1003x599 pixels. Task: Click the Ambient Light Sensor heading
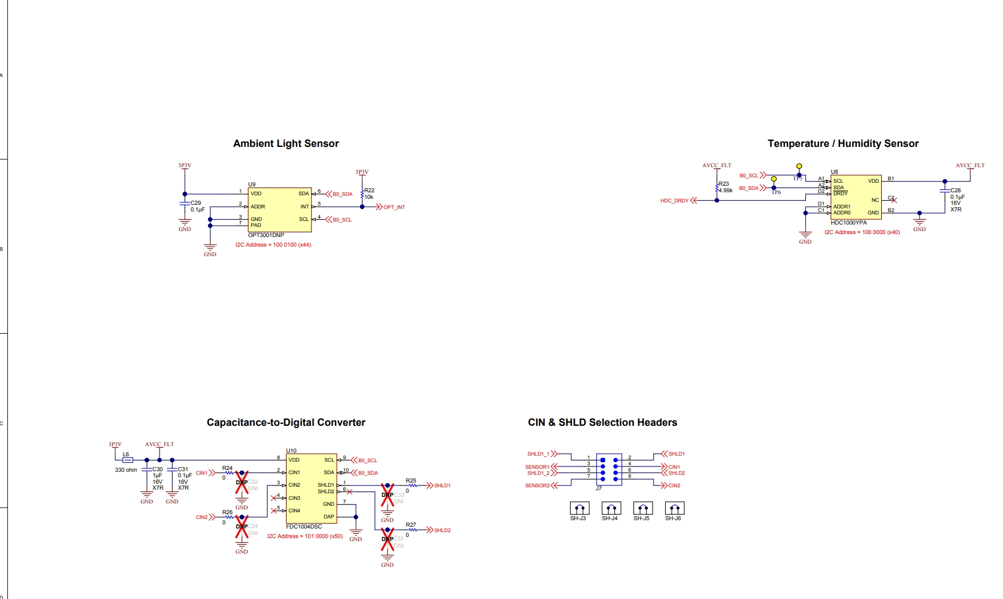[x=286, y=143]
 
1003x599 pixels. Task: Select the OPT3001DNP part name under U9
[x=266, y=235]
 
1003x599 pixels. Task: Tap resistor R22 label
[x=370, y=191]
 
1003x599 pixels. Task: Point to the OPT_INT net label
[x=394, y=207]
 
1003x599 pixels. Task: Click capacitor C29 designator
[x=196, y=203]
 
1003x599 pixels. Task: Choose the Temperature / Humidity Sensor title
[x=843, y=143]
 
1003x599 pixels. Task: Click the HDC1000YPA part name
[x=848, y=223]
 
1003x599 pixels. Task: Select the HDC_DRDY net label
[x=674, y=201]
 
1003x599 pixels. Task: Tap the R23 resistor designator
[x=724, y=184]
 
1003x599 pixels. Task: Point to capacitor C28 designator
[x=956, y=191]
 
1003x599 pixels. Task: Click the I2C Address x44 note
[x=273, y=245]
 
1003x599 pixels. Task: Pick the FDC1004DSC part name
[x=304, y=527]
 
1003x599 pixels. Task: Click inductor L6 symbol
[x=127, y=460]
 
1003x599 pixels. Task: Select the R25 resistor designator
[x=411, y=481]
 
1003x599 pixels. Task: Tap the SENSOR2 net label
[x=537, y=486]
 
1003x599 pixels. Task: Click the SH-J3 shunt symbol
[x=579, y=508]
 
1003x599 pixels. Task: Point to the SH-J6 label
[x=673, y=518]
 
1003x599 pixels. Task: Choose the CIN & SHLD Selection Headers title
[x=602, y=422]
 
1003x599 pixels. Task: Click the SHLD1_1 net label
[x=538, y=454]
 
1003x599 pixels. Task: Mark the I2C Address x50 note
[x=305, y=536]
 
